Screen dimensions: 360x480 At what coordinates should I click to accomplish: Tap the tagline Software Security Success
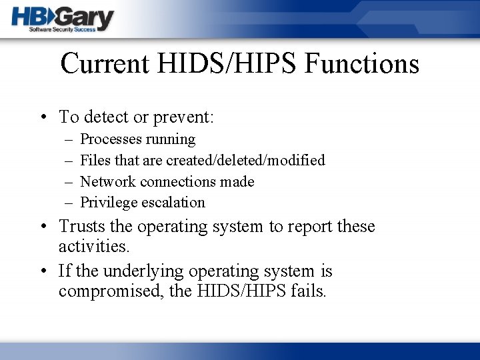click(63, 30)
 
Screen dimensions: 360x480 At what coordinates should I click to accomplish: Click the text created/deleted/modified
click(245, 160)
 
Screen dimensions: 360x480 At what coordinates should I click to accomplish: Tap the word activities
click(93, 246)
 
